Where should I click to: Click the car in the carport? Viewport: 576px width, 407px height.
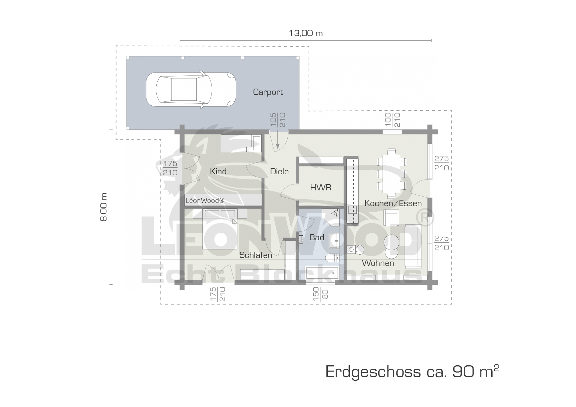(190, 89)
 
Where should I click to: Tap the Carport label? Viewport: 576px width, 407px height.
(268, 92)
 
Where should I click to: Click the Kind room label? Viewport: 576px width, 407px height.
(218, 171)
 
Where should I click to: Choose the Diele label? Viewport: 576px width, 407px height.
(279, 171)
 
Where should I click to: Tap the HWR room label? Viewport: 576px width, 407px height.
(321, 187)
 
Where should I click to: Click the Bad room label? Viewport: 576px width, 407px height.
(317, 237)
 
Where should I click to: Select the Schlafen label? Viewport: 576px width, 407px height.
(256, 255)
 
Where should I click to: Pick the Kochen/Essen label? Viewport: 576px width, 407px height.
(393, 203)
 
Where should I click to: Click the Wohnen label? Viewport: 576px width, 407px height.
(378, 263)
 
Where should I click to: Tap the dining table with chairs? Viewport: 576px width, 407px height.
(392, 173)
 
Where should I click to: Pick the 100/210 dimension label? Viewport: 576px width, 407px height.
(392, 120)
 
